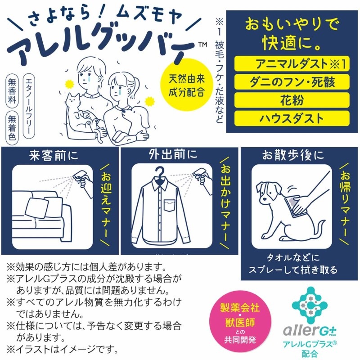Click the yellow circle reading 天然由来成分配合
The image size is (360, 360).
coord(186,85)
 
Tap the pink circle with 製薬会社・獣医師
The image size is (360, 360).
coord(240,323)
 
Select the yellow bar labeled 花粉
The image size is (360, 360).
coord(292,100)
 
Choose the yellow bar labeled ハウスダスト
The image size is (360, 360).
coord(292,118)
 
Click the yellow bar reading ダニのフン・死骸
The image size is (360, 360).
coord(292,82)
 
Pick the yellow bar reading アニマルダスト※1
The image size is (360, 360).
coord(292,63)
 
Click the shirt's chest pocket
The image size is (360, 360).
coord(171,206)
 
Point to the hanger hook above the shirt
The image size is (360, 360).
coord(160,173)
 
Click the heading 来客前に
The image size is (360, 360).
coord(54,155)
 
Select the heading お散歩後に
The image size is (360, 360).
coord(293,155)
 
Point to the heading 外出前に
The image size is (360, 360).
coord(173,154)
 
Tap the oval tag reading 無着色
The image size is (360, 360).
coord(12,128)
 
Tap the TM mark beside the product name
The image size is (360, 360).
coord(202,44)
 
